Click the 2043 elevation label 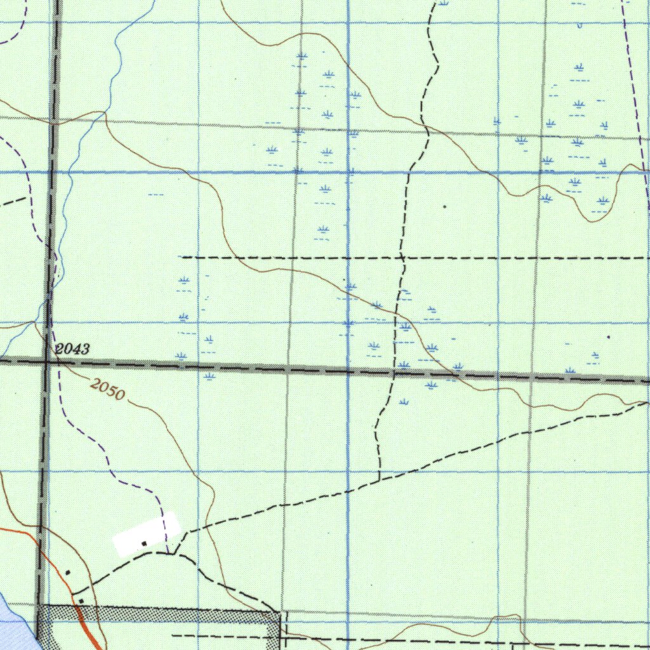click(x=72, y=348)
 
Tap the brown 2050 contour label click(x=107, y=389)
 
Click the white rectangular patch click(x=146, y=534)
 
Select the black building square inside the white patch click(x=145, y=543)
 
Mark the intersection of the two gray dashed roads click(x=46, y=361)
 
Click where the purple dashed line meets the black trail click(x=168, y=553)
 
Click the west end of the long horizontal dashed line click(x=183, y=257)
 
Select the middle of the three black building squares click(x=68, y=573)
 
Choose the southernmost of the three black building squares click(x=81, y=600)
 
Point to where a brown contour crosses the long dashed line click(x=238, y=258)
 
